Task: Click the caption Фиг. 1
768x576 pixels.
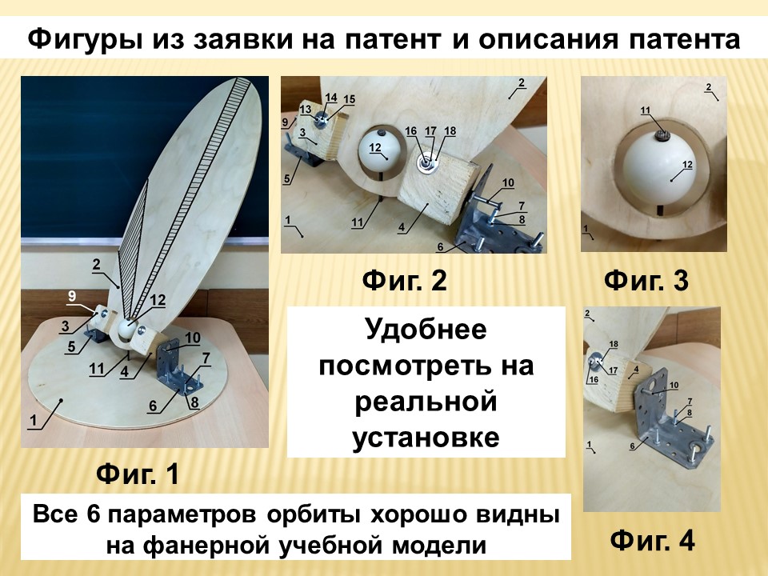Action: [x=138, y=474]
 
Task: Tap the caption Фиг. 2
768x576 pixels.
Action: [x=405, y=281]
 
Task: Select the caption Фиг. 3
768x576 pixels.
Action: [x=646, y=281]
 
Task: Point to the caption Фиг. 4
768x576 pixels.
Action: [x=653, y=541]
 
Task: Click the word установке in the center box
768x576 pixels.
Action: [x=426, y=438]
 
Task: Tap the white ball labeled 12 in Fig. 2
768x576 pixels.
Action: [x=378, y=151]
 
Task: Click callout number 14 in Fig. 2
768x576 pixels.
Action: [x=331, y=98]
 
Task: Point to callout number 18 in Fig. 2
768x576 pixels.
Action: [x=450, y=130]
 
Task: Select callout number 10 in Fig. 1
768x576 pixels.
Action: [x=193, y=338]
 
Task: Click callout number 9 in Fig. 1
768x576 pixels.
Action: [x=72, y=296]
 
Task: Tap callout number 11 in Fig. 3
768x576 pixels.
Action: [x=646, y=110]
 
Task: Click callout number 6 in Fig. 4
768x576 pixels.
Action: [x=632, y=446]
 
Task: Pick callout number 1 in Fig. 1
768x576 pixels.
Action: [x=34, y=420]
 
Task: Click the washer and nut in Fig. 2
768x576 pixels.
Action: [x=426, y=163]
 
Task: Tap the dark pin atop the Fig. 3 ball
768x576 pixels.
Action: [x=662, y=134]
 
